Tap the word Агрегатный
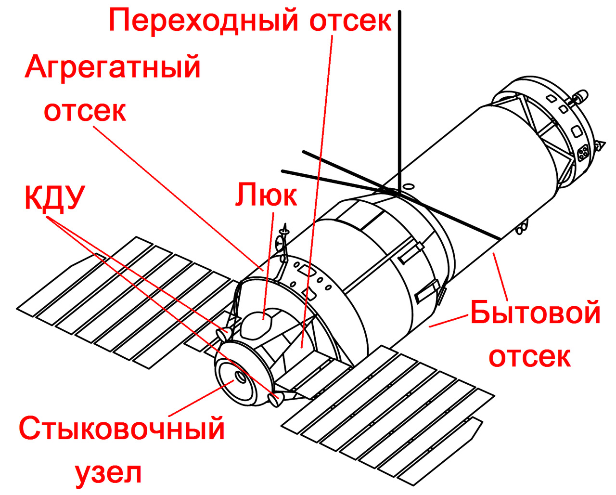[x=113, y=67]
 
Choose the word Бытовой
[x=535, y=313]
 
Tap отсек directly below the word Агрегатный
[x=85, y=112]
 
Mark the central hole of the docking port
[x=241, y=377]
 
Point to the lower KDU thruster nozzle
[x=275, y=399]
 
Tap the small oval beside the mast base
[x=409, y=187]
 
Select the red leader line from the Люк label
[x=268, y=266]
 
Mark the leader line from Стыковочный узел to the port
[x=201, y=398]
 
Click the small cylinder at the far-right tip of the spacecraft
[x=581, y=96]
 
